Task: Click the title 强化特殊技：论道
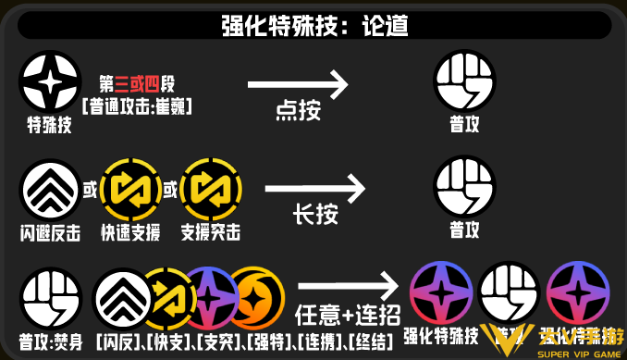coord(314,25)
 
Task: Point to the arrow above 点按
coord(298,85)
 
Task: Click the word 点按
coord(297,112)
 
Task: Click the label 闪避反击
coord(45,231)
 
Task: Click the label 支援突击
coord(209,231)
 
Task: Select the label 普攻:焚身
coord(45,339)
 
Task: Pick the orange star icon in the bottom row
coord(252,293)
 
